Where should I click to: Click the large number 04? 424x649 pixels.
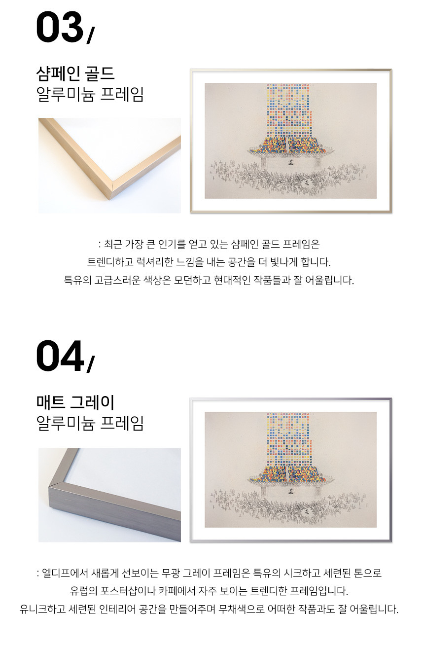tap(60, 356)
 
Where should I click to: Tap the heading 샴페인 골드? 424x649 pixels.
tap(75, 73)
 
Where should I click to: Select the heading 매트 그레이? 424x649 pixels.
tap(75, 402)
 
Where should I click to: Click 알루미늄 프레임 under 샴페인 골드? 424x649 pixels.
tap(90, 94)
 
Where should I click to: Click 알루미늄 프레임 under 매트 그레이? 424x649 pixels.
tap(90, 423)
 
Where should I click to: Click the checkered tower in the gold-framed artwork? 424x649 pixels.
tap(289, 110)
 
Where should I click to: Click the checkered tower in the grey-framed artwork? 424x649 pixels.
tap(289, 439)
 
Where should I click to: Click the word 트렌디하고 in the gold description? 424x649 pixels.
tap(110, 262)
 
